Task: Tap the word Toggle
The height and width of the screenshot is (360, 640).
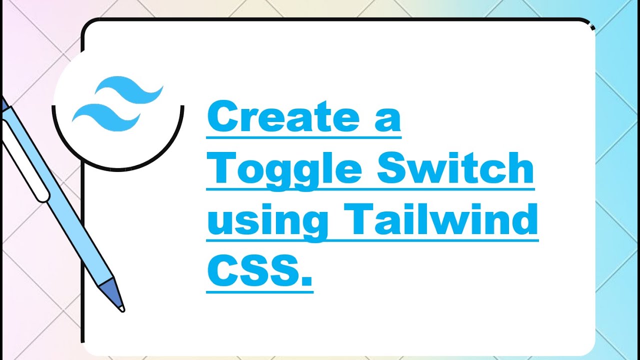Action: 284,170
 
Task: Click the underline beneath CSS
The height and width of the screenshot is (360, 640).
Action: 259,290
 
